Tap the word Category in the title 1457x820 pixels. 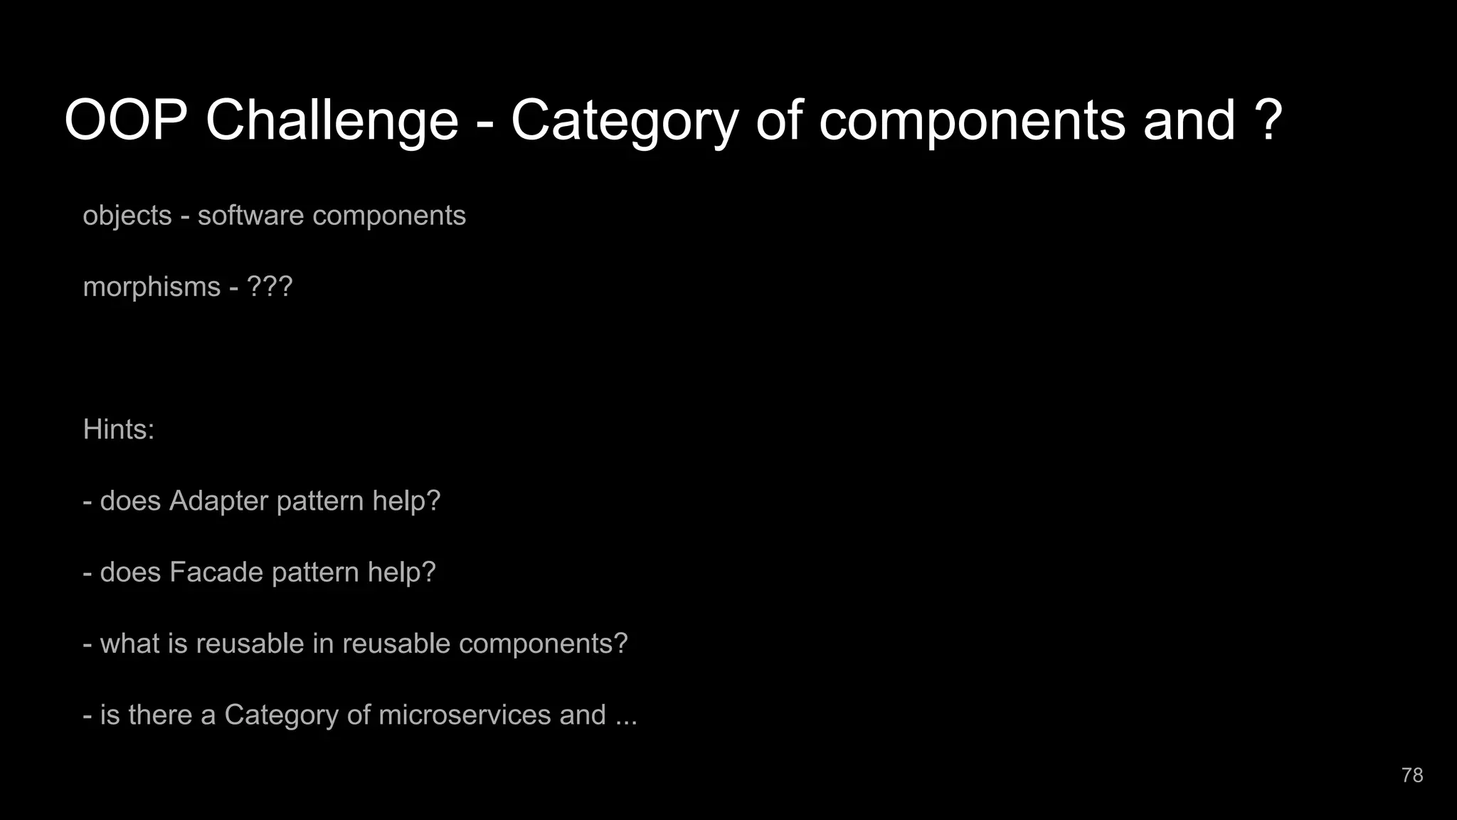coord(625,121)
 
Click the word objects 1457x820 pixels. coord(127,216)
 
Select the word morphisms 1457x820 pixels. coord(152,287)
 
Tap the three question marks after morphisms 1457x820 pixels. coord(270,287)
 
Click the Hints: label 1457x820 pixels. coord(119,429)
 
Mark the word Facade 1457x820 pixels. coord(216,572)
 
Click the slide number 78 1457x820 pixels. coord(1412,775)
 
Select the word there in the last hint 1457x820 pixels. coord(160,715)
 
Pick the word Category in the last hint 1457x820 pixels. coord(281,715)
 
